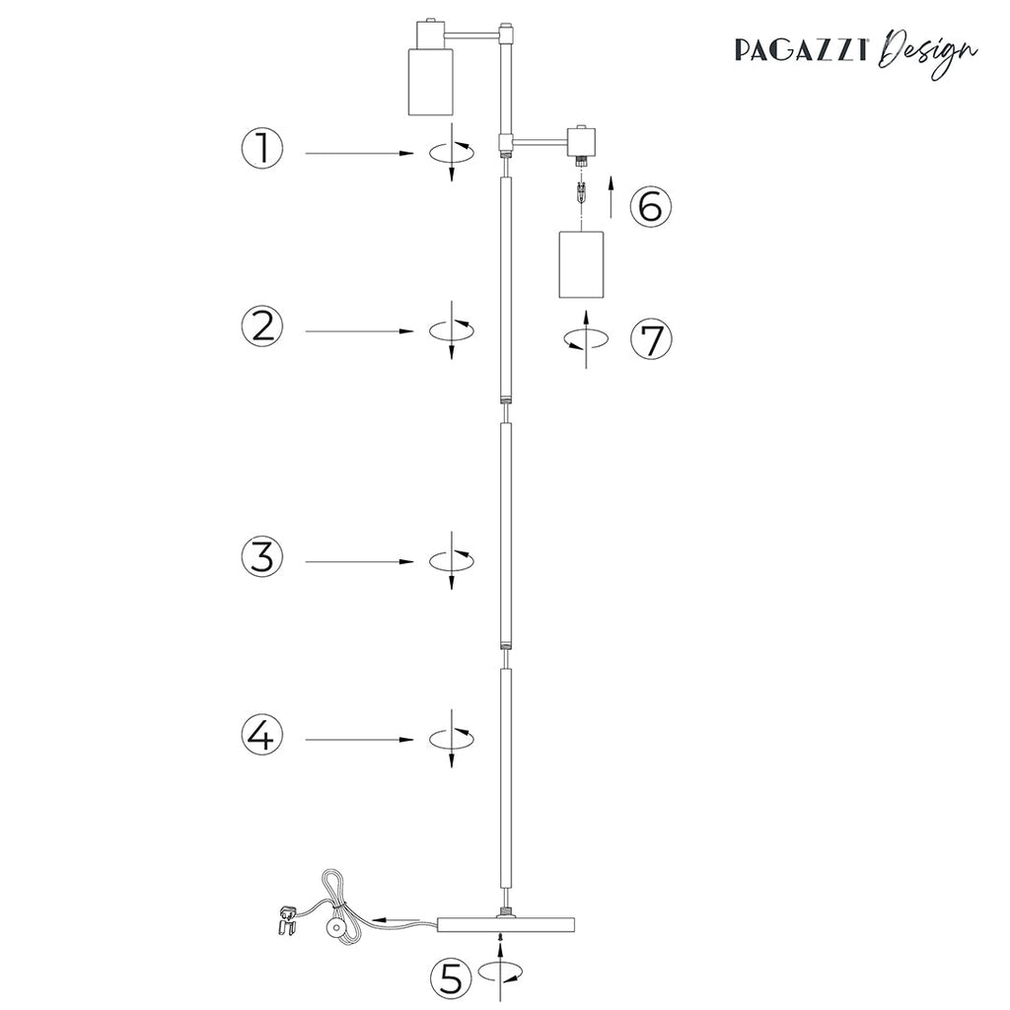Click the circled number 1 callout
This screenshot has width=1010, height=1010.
[x=262, y=150]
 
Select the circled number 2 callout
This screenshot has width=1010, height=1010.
[x=262, y=326]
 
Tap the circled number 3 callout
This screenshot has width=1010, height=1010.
[x=262, y=557]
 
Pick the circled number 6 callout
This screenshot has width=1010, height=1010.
[x=651, y=207]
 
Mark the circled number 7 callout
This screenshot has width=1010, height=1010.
[x=651, y=339]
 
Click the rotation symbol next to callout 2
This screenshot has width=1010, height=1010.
[x=452, y=329]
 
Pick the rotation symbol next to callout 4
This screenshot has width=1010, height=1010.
[x=452, y=737]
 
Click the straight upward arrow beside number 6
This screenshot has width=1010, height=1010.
[x=612, y=195]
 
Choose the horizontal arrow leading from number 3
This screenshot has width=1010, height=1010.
[x=359, y=561]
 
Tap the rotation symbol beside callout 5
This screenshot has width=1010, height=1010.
[x=501, y=973]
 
